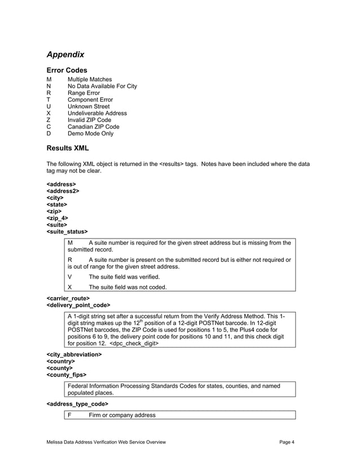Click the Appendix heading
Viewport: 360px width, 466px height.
click(65, 55)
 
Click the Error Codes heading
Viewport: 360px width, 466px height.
click(67, 70)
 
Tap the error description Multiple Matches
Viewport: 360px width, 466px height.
click(90, 80)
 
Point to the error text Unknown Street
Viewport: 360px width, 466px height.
click(89, 107)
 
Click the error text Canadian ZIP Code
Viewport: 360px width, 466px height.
click(93, 127)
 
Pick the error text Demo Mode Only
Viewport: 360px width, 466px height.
click(90, 134)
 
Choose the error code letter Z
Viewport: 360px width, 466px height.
click(49, 120)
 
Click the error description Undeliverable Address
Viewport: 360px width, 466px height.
click(97, 113)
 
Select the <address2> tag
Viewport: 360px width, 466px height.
click(63, 191)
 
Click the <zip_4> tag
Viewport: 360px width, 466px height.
click(58, 218)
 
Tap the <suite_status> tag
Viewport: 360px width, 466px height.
click(67, 231)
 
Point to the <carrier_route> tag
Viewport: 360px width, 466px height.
click(68, 298)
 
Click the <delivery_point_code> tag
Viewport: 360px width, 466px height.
click(78, 305)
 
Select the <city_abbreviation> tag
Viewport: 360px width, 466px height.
click(74, 354)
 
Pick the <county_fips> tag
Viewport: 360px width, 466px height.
click(66, 375)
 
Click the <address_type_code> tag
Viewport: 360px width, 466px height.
click(77, 404)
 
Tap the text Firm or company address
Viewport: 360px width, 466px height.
click(122, 415)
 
